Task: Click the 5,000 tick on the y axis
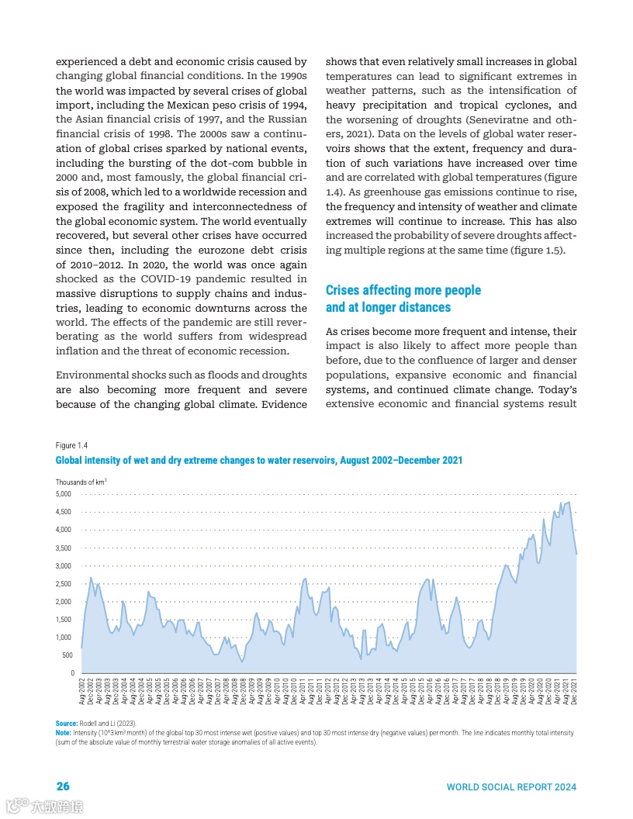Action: [x=64, y=494]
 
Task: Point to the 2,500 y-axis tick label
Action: [x=64, y=584]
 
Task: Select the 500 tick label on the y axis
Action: [x=67, y=655]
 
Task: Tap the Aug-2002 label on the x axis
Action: [x=82, y=689]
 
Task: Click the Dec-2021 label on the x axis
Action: [x=575, y=689]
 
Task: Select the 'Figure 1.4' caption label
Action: [x=71, y=445]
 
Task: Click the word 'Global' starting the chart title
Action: [x=69, y=461]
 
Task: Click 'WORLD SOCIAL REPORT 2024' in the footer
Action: [x=511, y=787]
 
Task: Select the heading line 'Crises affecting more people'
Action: [x=403, y=290]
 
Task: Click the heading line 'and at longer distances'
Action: [x=388, y=308]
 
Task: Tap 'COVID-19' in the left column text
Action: [x=193, y=279]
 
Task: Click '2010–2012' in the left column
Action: [x=83, y=265]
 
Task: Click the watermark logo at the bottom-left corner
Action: [x=17, y=807]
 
